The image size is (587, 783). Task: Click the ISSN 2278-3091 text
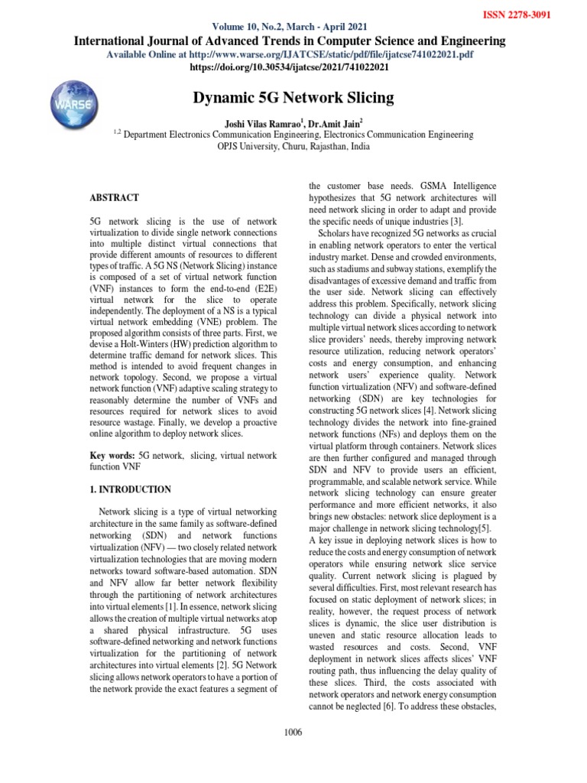pyautogui.click(x=541, y=14)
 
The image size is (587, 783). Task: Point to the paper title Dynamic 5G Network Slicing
pyautogui.click(x=294, y=98)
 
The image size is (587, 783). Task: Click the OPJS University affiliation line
pyautogui.click(x=293, y=146)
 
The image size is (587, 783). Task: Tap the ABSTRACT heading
pyautogui.click(x=114, y=197)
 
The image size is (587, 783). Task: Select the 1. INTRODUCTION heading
pyautogui.click(x=131, y=489)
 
